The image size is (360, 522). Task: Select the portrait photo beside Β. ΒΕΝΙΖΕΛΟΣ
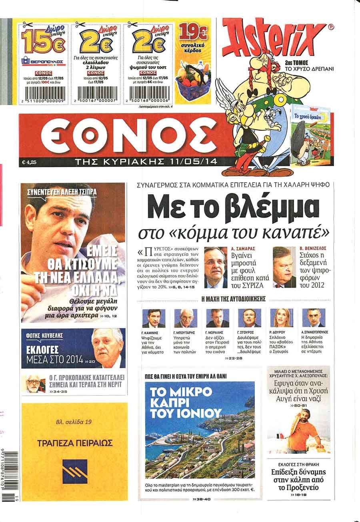click(x=284, y=267)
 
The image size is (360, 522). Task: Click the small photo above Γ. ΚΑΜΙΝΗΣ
click(x=154, y=319)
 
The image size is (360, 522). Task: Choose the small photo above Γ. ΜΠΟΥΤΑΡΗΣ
click(x=185, y=319)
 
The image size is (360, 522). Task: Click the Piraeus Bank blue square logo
click(x=75, y=471)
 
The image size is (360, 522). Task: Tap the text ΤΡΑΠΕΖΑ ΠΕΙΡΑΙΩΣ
click(x=75, y=443)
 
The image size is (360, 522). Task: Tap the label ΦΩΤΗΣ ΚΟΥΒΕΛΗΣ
click(x=42, y=335)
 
